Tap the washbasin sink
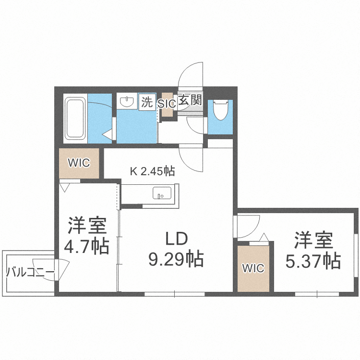[x=127, y=101]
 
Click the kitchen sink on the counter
[x=162, y=193]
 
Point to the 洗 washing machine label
[x=147, y=102]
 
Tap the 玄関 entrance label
[x=189, y=101]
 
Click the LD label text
[x=176, y=239]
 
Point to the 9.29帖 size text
[x=176, y=259]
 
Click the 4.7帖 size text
[x=86, y=246]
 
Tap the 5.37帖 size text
[x=313, y=261]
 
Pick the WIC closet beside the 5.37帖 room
[x=253, y=268]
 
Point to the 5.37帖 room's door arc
[x=247, y=226]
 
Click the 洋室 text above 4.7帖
[x=86, y=225]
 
